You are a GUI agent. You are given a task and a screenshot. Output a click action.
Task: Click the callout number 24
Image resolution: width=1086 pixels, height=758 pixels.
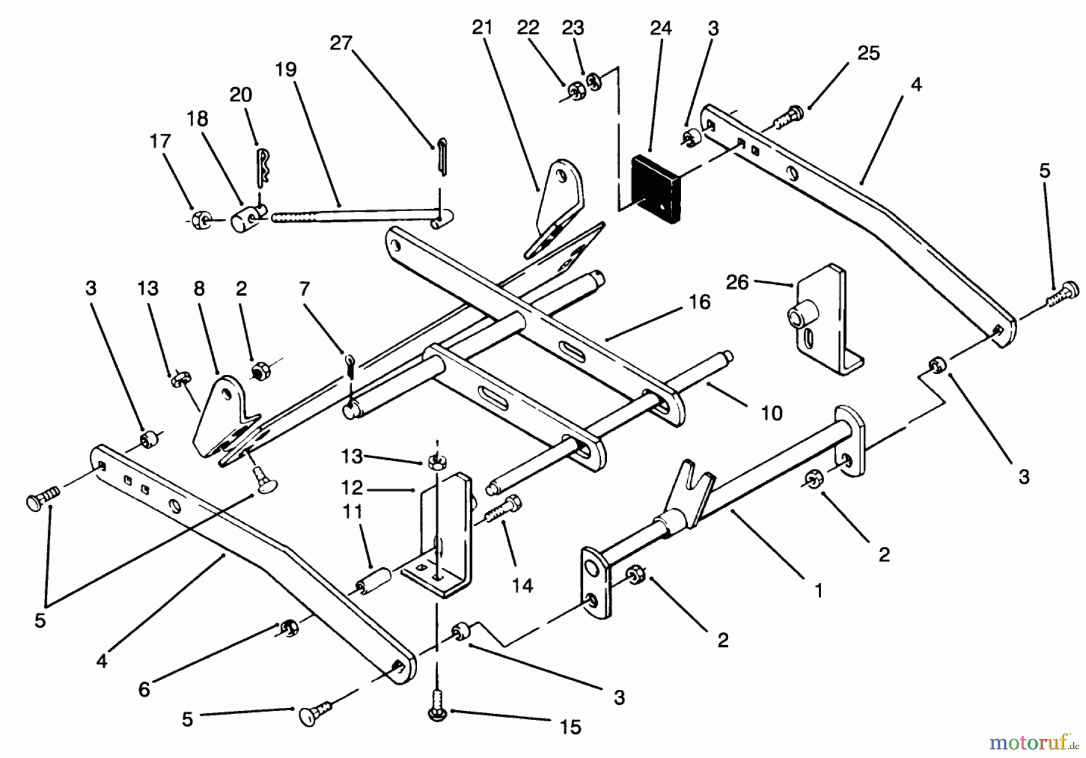[x=661, y=28]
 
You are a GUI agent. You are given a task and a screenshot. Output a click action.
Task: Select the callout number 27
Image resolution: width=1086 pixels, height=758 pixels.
[x=341, y=43]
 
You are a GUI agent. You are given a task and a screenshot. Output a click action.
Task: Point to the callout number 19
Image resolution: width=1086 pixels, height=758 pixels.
[x=286, y=70]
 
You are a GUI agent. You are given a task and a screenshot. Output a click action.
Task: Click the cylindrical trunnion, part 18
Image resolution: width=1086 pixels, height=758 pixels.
[x=243, y=220]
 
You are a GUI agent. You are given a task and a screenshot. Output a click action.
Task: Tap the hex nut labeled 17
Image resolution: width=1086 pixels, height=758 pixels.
[x=198, y=220]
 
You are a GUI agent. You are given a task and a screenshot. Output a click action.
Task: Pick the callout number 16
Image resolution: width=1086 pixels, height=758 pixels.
[x=699, y=302]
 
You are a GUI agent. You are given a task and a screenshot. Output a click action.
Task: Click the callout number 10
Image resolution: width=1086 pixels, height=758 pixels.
[x=772, y=413]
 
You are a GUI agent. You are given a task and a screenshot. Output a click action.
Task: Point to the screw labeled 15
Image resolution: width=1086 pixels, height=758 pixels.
[x=436, y=705]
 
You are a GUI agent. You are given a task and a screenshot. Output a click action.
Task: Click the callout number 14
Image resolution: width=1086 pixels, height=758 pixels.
[x=522, y=585]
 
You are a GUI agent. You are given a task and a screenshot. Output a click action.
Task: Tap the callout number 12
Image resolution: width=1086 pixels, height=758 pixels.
[x=352, y=487]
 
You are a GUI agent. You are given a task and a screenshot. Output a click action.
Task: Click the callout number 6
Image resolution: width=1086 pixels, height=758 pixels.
[x=144, y=689]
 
